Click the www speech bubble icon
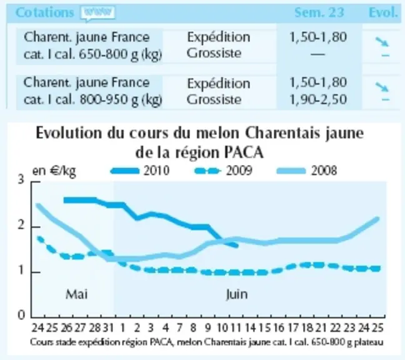(97, 13)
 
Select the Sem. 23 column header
(319, 12)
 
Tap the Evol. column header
(383, 12)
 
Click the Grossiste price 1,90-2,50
(318, 99)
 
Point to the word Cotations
(44, 12)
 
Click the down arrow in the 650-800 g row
(382, 42)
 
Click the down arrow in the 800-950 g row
(382, 87)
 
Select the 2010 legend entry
(140, 171)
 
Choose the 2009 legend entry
(223, 171)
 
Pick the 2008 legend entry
(307, 171)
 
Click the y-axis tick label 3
(21, 179)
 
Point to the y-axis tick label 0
(21, 315)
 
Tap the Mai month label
(76, 294)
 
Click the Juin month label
(237, 294)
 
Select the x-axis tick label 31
(109, 328)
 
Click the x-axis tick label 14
(250, 328)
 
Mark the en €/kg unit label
(54, 171)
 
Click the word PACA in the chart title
(243, 152)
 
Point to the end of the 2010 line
(237, 246)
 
